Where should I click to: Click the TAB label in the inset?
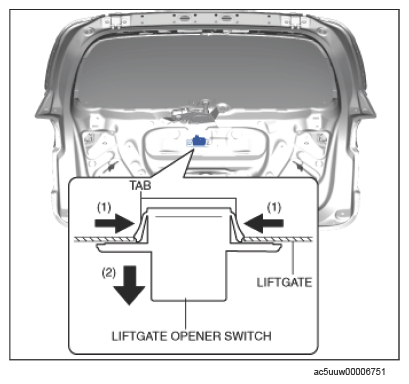coord(140,185)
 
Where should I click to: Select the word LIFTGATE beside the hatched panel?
coord(284,282)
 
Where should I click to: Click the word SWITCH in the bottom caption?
coord(248,336)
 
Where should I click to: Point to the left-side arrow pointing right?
coord(115,223)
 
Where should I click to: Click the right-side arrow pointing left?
coord(264,223)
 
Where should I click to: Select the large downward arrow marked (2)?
coord(129,285)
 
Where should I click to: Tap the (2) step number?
coord(109,273)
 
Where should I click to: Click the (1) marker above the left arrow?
coord(104,208)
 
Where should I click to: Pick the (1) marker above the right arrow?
coord(274,208)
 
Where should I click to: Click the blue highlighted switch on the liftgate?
coord(198,141)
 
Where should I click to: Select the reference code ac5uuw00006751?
coord(349,372)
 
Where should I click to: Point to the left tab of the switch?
coord(141,227)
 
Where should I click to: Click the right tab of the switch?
coord(236,227)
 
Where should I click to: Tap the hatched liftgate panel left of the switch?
coord(105,239)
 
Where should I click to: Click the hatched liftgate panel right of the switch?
coord(278,239)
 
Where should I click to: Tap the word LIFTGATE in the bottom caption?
coord(139,336)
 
